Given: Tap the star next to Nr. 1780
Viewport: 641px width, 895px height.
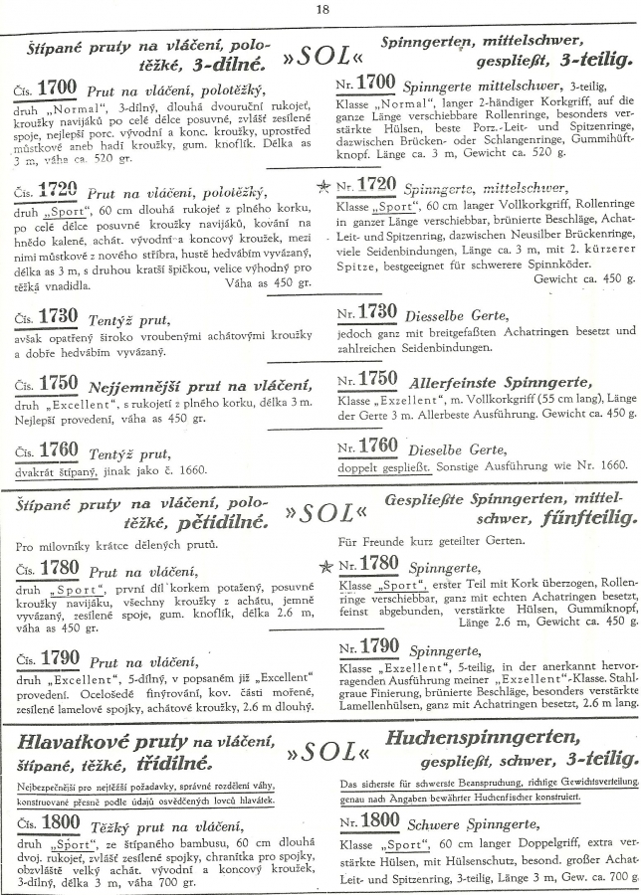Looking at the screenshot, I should [323, 566].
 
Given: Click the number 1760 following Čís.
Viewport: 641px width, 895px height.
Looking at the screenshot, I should [58, 449].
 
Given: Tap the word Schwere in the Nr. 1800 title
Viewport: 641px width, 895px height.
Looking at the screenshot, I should [442, 823].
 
